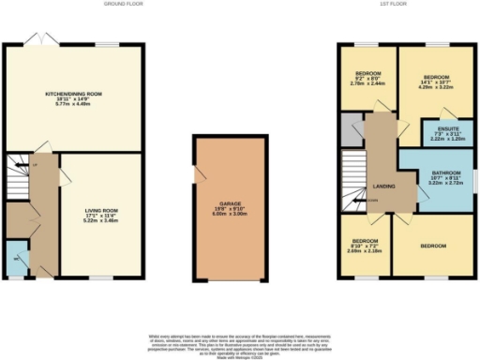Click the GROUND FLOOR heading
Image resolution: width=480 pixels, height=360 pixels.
(120, 4)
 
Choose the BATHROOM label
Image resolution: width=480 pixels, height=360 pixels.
(446, 173)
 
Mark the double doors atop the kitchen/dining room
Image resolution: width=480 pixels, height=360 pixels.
(38, 41)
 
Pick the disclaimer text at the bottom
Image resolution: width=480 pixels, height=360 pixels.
(239, 341)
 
